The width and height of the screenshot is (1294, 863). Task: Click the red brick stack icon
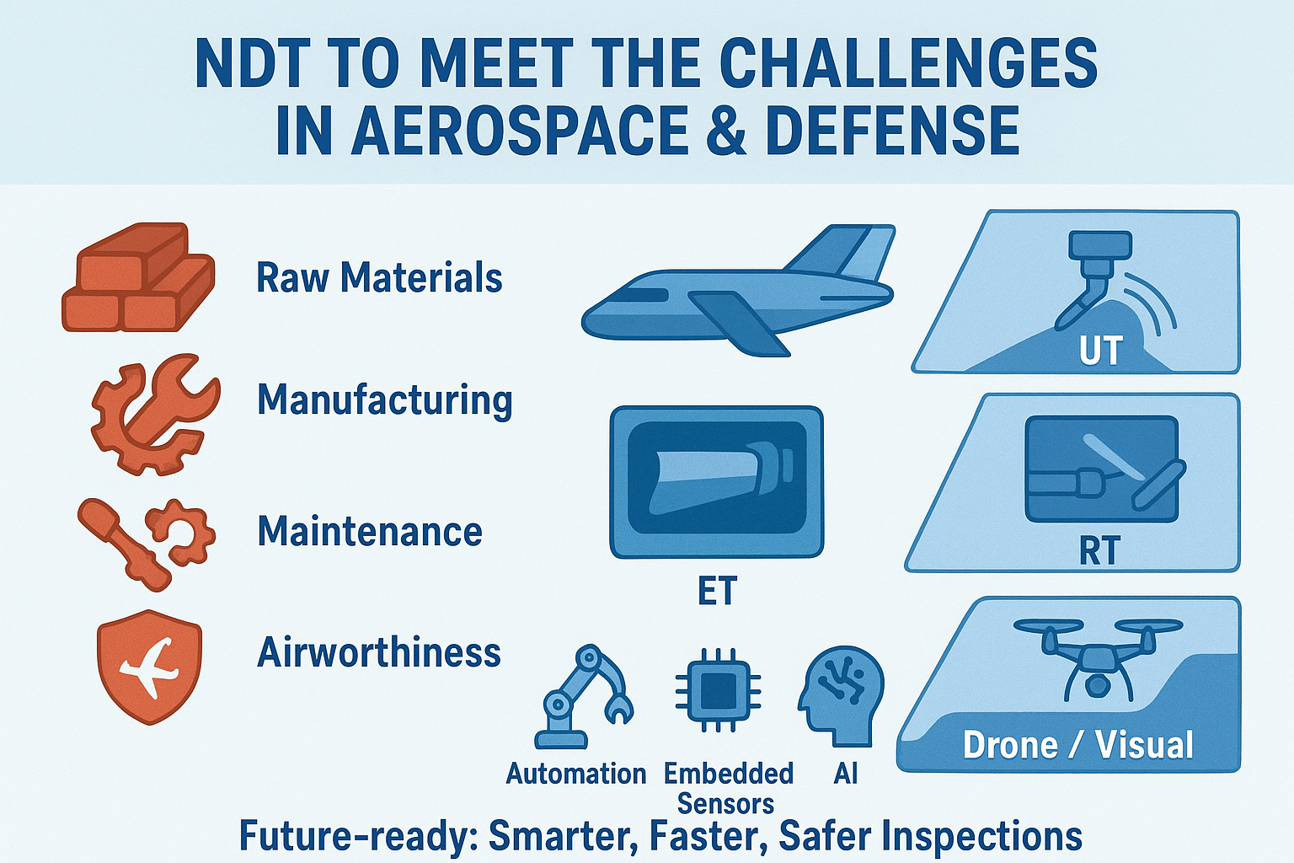coord(139,277)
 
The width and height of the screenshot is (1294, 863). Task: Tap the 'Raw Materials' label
coord(379,277)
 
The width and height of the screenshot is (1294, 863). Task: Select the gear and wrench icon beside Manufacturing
coord(155,414)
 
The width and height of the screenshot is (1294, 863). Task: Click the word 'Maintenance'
coord(370,531)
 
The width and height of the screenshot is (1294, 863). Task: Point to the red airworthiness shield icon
coord(150,666)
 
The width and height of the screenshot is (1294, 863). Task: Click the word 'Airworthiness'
coord(378,652)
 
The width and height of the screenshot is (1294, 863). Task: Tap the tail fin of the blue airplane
coord(843,251)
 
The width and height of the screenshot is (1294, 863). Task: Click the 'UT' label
coord(1100,350)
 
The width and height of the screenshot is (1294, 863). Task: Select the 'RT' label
coord(1100,550)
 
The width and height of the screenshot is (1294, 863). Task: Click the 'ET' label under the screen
coord(717,590)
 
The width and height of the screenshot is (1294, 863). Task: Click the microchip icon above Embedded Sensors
coord(718,690)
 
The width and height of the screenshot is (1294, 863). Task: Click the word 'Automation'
coord(576,774)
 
